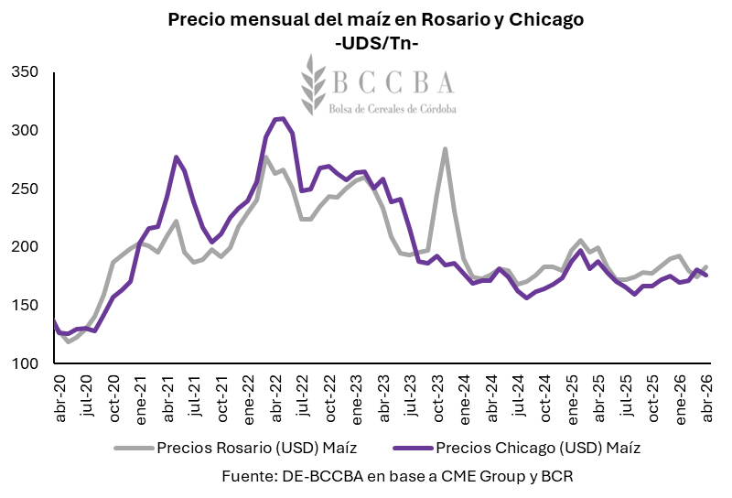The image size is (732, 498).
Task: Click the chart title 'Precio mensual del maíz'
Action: tap(376, 19)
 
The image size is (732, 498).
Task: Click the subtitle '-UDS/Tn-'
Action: tap(376, 42)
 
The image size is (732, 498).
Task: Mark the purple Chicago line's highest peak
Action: tap(282, 118)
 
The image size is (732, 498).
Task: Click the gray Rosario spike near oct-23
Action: tap(445, 148)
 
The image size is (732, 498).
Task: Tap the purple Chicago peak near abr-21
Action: tap(176, 157)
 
